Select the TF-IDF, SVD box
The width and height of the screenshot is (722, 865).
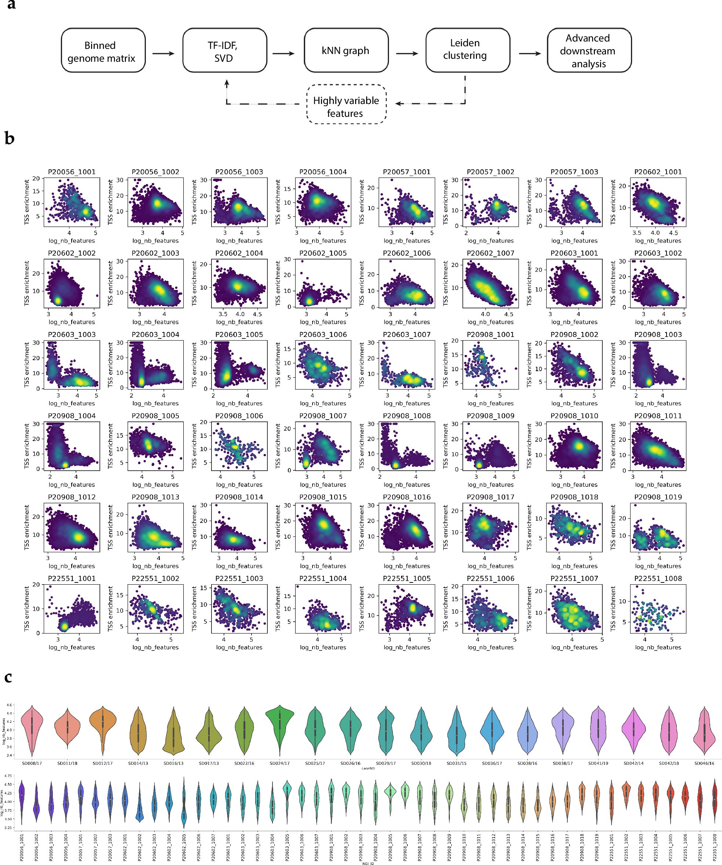(224, 51)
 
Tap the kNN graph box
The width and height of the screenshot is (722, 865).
(346, 51)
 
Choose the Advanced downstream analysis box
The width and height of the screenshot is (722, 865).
(589, 51)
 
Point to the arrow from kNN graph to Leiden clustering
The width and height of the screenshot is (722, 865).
(407, 54)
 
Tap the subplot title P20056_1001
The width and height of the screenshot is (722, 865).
(72, 172)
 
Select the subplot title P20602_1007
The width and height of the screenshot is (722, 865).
(490, 253)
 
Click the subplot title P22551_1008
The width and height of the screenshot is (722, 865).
(658, 578)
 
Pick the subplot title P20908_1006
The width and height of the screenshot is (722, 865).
(239, 416)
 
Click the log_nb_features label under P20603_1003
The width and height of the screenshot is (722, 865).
(72, 403)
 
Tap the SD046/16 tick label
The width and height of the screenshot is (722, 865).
(704, 763)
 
